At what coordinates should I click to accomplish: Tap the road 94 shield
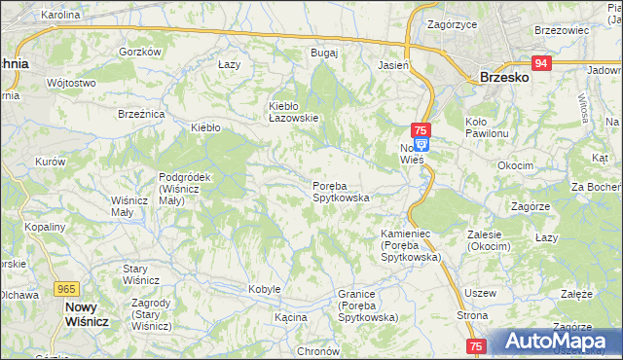point(542,63)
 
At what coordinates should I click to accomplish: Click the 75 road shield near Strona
point(476,345)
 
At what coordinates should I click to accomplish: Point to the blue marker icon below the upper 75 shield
point(421,143)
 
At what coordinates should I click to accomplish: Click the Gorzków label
point(138,52)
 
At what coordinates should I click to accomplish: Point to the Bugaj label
point(323,53)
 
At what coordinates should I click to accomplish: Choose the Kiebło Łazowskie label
point(294,112)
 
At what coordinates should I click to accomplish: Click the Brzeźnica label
point(141,114)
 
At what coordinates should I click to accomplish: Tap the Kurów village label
point(50,161)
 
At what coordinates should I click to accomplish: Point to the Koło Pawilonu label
point(488,126)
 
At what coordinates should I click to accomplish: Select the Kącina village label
point(290,317)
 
